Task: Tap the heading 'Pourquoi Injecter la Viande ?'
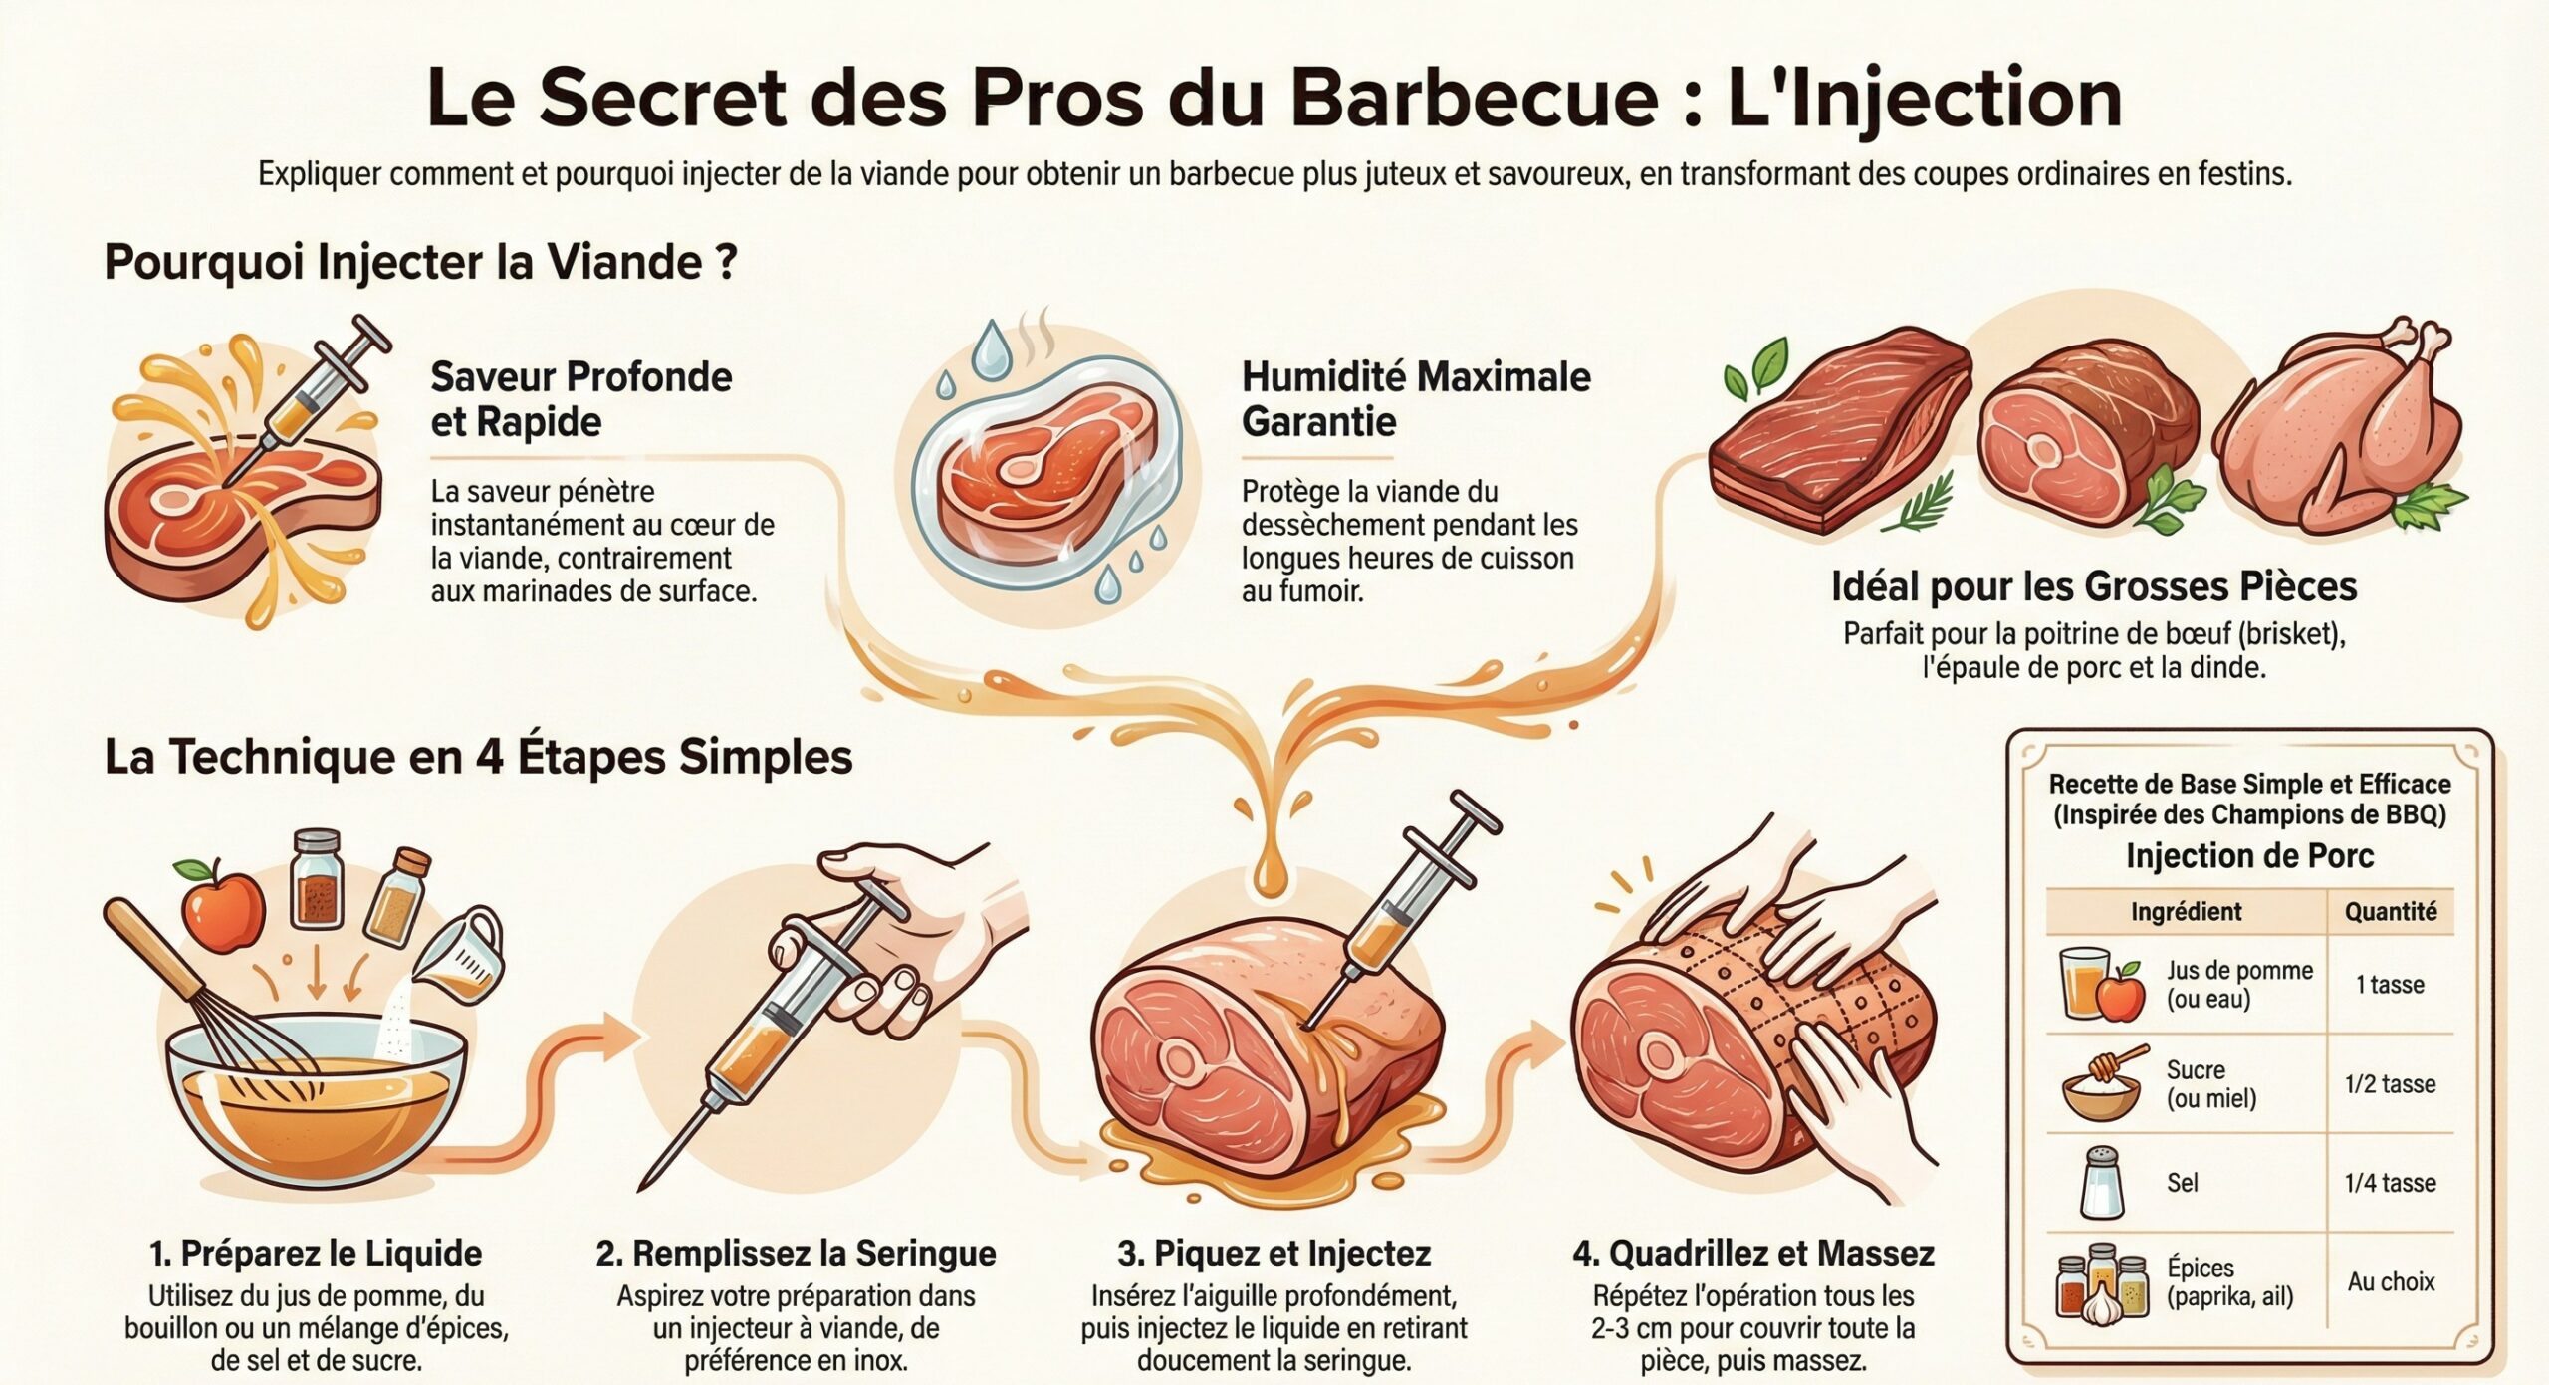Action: tap(420, 263)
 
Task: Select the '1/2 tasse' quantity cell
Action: tap(2390, 1084)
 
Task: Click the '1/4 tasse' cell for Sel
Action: tap(2390, 1183)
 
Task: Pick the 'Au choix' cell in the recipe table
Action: tap(2390, 1281)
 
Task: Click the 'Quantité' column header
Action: tap(2390, 911)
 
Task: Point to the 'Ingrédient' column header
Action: tap(2186, 911)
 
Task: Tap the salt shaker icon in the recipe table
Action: tap(2101, 1183)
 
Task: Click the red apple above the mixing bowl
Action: tap(223, 907)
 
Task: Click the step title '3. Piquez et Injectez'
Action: tap(1274, 1253)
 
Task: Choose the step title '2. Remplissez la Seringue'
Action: tap(796, 1253)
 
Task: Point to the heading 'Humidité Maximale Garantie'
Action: tap(1415, 399)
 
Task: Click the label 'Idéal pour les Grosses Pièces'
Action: tap(2093, 586)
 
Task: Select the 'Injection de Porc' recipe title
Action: tap(2249, 855)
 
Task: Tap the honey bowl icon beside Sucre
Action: tap(2101, 1088)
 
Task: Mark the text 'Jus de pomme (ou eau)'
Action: tap(2238, 984)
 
